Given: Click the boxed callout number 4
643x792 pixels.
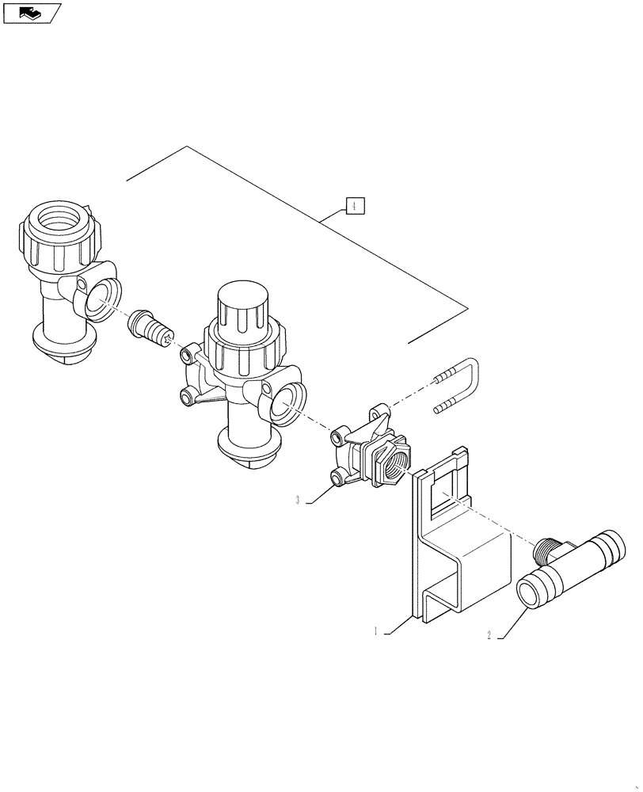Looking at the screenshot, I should [354, 206].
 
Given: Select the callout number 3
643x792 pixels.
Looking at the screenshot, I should [297, 500].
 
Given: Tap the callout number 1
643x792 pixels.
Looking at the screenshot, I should [377, 632].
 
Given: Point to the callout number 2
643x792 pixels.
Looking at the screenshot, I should [490, 635].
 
